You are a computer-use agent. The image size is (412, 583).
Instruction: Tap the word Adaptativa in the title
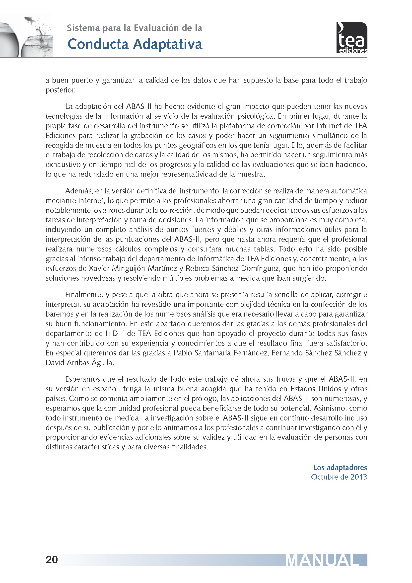pos(168,44)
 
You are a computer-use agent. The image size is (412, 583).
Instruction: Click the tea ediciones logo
pos(352,38)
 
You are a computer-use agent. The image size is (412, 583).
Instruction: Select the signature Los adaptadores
pos(340,467)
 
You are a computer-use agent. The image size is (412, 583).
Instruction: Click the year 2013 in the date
pos(358,477)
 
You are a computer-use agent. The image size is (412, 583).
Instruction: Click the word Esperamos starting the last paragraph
pos(83,379)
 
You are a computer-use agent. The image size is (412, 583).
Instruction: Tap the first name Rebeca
pos(197,268)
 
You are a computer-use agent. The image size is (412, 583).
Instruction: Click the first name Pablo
pos(183,353)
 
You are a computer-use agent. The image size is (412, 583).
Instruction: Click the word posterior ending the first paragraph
pos(60,90)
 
